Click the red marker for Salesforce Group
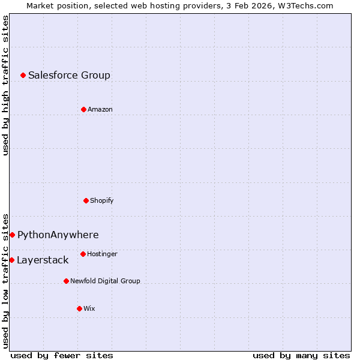pyautogui.click(x=23, y=75)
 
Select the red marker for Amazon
pyautogui.click(x=83, y=109)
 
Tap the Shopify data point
pyautogui.click(x=86, y=200)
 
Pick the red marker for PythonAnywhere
pyautogui.click(x=12, y=235)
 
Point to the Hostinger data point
pyautogui.click(x=83, y=254)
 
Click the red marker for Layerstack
pyautogui.click(x=11, y=260)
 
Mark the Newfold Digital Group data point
pyautogui.click(x=66, y=281)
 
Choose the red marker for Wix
pyautogui.click(x=79, y=308)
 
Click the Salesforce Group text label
pyautogui.click(x=69, y=75)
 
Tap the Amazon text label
pyautogui.click(x=100, y=109)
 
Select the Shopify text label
pyautogui.click(x=102, y=200)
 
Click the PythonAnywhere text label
pyautogui.click(x=58, y=235)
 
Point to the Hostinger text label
pyautogui.click(x=102, y=254)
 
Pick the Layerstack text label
pyautogui.click(x=43, y=260)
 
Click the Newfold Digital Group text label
pyautogui.click(x=105, y=281)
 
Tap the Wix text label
pyautogui.click(x=89, y=308)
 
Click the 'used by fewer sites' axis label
pyautogui.click(x=62, y=355)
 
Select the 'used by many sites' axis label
pyautogui.click(x=301, y=355)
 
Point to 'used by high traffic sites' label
pyautogui.click(x=5, y=85)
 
